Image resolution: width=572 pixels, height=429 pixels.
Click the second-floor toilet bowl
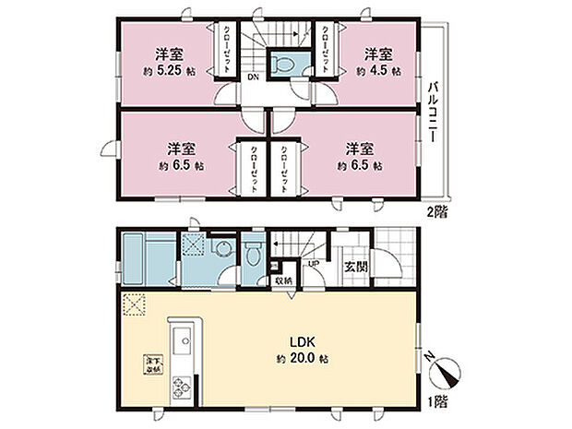click(x=282, y=64)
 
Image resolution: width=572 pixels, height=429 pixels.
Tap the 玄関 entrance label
click(x=357, y=266)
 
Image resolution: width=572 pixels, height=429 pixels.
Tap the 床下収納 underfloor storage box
click(x=149, y=363)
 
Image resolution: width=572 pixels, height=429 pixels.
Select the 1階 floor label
click(x=435, y=402)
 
